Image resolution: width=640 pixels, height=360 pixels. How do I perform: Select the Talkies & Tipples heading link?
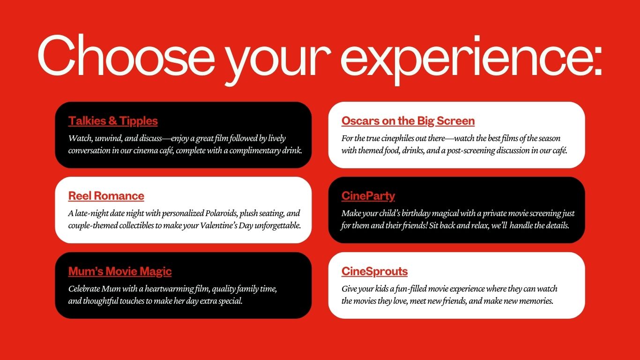tap(113, 121)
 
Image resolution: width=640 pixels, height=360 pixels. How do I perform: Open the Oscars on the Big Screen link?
tap(408, 121)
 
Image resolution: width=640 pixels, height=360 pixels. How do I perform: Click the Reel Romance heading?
tap(106, 196)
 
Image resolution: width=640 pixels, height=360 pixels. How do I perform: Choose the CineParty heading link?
tap(368, 196)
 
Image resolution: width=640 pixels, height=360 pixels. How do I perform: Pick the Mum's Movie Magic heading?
tap(120, 271)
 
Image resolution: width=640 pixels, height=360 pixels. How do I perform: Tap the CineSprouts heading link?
tap(374, 271)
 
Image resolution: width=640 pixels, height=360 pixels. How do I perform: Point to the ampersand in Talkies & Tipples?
tap(112, 121)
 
